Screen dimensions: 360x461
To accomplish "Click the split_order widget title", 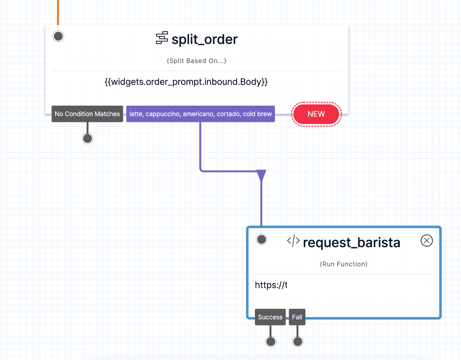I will point(205,39).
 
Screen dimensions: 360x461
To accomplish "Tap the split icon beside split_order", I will point(162,38).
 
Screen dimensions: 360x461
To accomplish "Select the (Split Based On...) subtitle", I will point(197,61).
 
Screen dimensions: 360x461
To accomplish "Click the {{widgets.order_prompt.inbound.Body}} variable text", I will point(186,82).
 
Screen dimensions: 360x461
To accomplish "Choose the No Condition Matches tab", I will point(87,114).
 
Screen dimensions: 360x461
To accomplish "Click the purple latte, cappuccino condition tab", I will point(200,114).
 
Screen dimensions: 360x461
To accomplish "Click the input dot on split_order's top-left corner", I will point(58,36).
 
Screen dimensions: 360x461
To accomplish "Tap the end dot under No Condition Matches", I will point(88,139).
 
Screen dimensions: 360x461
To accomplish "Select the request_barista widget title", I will point(352,242).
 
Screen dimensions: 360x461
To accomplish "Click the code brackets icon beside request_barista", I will point(293,241).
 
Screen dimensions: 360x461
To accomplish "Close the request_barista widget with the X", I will point(426,240).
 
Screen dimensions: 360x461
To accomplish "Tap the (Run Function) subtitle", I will point(343,264).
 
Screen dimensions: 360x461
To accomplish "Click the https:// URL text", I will point(271,285).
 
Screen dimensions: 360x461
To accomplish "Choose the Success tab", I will point(270,317).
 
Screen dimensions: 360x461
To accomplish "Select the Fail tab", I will point(297,317).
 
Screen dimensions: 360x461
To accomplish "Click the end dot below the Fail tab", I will point(298,342).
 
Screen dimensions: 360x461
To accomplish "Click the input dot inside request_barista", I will point(262,239).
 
